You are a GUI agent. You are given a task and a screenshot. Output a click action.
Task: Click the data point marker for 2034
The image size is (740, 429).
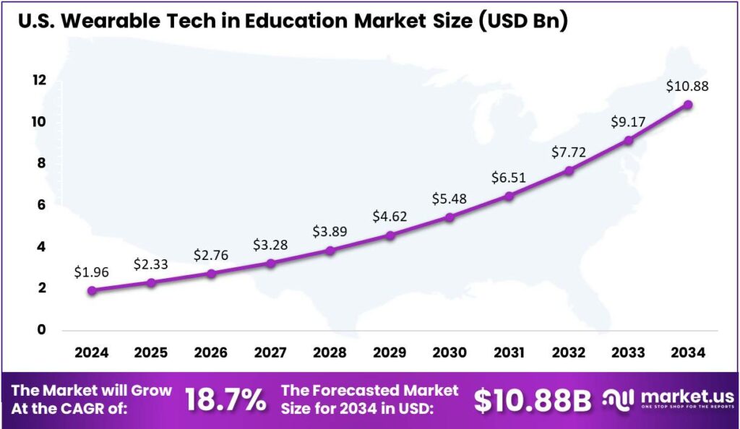(688, 105)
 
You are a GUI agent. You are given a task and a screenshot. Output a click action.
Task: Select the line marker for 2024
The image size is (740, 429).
(92, 290)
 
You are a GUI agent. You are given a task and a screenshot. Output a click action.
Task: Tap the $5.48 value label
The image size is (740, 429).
(449, 197)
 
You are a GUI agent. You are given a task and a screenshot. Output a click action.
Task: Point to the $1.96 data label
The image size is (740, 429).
(92, 272)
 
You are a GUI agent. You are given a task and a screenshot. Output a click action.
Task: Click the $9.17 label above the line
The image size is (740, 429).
(629, 121)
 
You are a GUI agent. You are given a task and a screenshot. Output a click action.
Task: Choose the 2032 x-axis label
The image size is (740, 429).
(569, 352)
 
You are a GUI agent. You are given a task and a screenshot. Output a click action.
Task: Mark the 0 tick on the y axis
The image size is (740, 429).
(40, 330)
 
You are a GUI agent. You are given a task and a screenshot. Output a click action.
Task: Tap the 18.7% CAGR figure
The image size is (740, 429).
(225, 400)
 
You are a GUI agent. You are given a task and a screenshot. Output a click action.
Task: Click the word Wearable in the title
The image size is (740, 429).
(109, 21)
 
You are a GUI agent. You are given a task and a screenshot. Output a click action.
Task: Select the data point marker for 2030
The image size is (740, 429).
(449, 217)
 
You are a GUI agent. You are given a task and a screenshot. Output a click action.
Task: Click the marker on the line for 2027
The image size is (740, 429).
(270, 263)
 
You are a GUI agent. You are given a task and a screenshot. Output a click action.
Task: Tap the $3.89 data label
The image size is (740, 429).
(330, 231)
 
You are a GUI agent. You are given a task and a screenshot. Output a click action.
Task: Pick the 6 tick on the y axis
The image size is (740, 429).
(40, 205)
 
